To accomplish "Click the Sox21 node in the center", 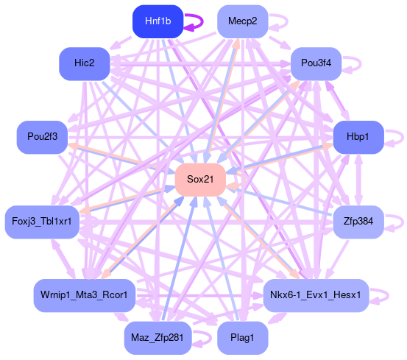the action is click(x=200, y=180).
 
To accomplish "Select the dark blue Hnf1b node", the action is click(x=158, y=21).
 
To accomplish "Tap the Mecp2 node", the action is click(x=242, y=21).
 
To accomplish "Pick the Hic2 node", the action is click(x=85, y=63).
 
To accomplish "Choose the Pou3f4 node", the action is click(x=316, y=63).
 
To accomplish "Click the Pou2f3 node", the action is click(x=42, y=137).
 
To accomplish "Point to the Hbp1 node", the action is click(x=358, y=137).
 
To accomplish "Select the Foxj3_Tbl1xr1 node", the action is click(x=42, y=222).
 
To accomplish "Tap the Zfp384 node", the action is click(x=358, y=222).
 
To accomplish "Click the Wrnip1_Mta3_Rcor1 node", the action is click(x=85, y=295).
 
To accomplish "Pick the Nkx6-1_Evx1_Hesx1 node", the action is click(x=316, y=295).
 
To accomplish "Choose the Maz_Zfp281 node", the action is click(x=158, y=338).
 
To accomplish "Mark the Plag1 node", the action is click(x=242, y=338).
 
